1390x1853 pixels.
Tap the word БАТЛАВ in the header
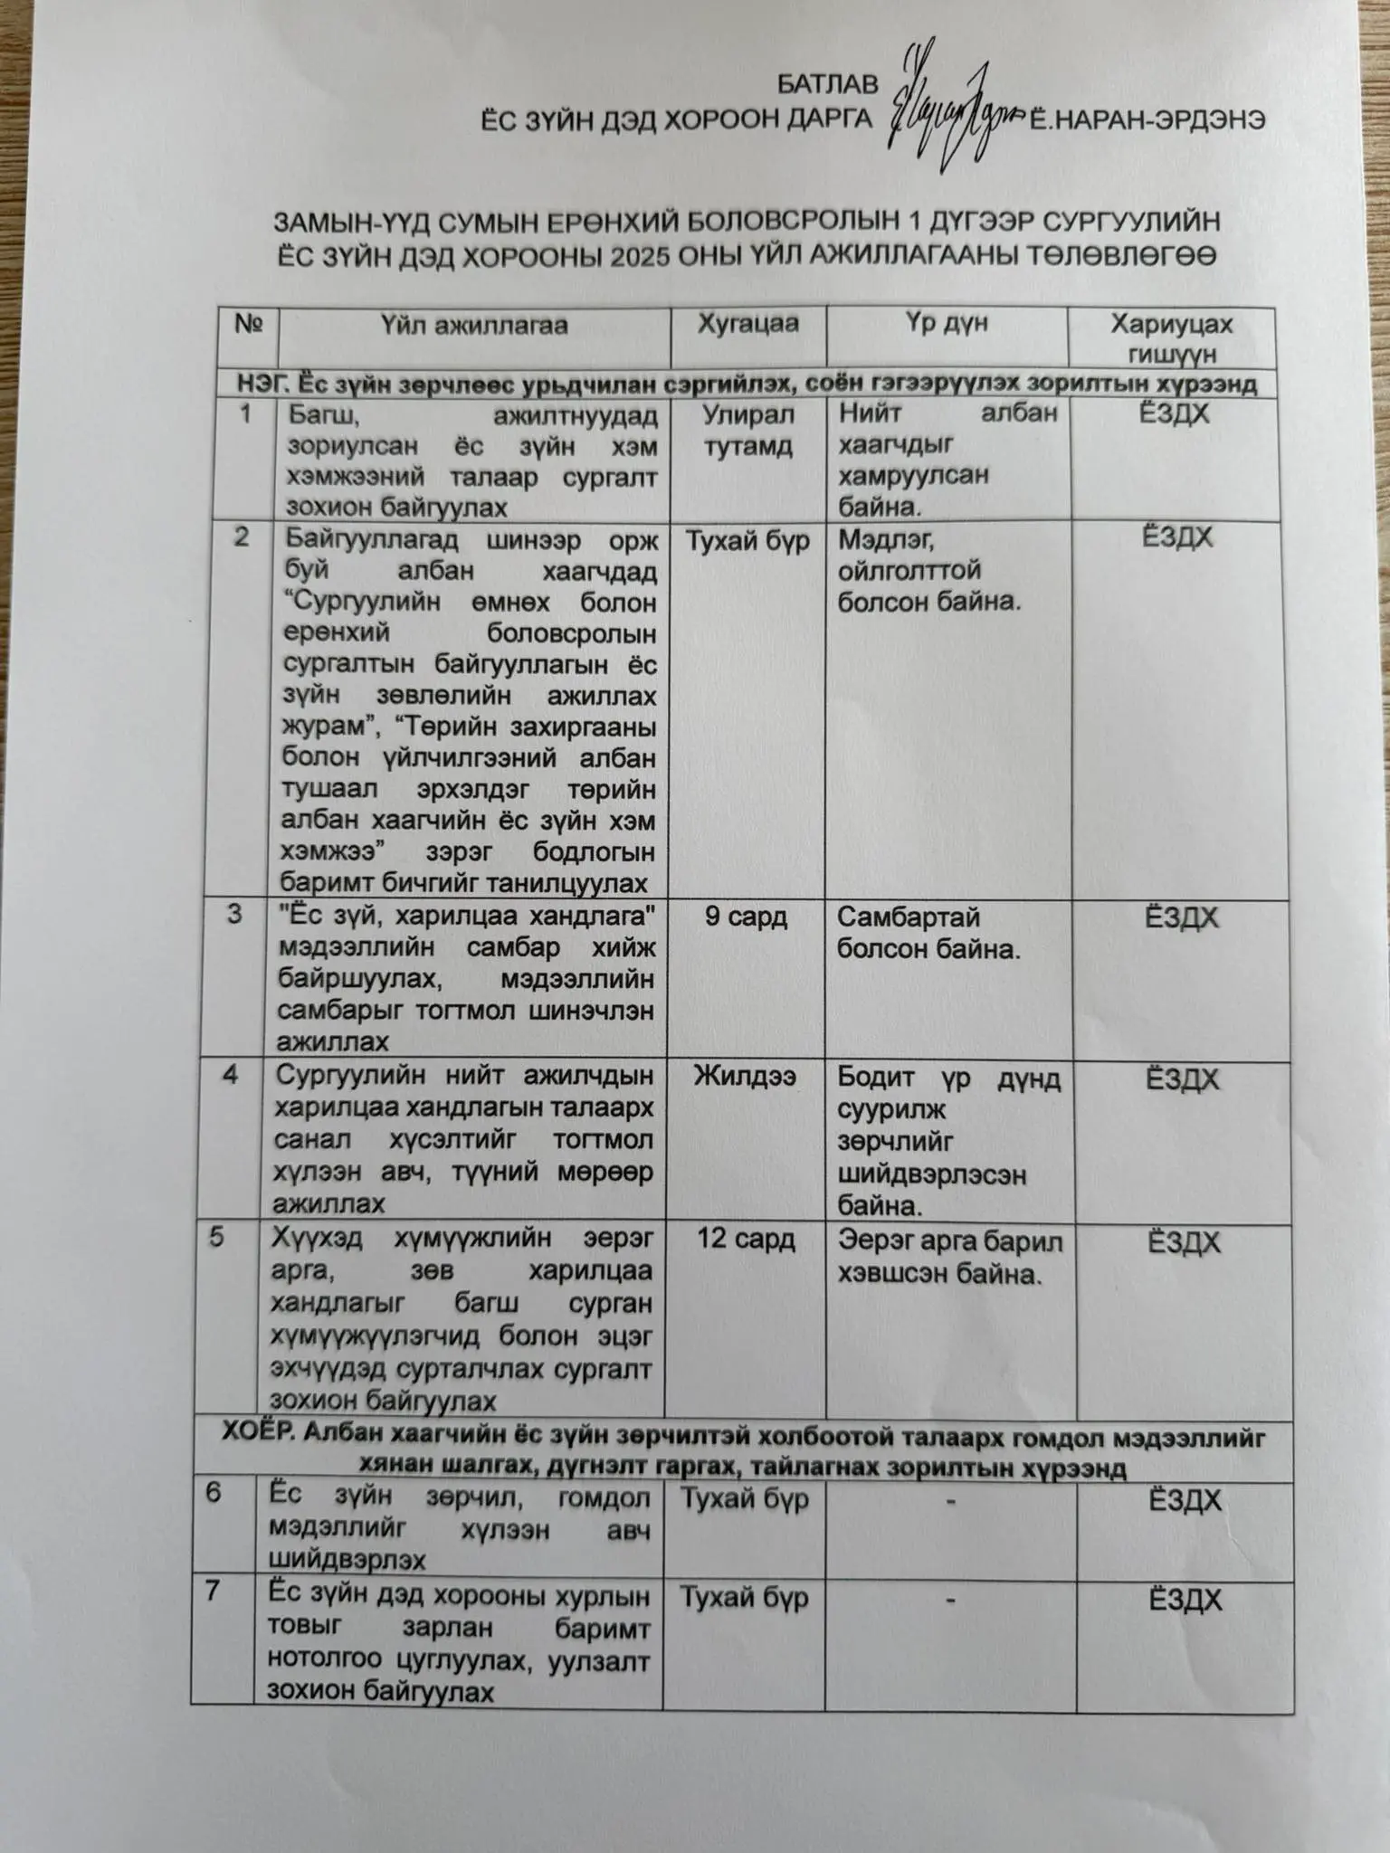827,85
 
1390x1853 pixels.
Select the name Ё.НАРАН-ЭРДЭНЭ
1147,121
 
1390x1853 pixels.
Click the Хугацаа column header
747,324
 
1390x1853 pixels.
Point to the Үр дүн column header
947,324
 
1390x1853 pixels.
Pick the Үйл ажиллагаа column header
473,326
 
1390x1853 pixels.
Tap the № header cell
248,325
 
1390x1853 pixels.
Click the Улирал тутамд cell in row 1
747,431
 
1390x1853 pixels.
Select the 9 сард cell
746,917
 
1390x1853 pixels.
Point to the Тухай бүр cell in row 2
747,541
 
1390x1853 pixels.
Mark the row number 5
216,1237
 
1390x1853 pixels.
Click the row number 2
241,537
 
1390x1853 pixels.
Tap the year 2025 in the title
648,256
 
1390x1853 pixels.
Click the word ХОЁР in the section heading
254,1438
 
